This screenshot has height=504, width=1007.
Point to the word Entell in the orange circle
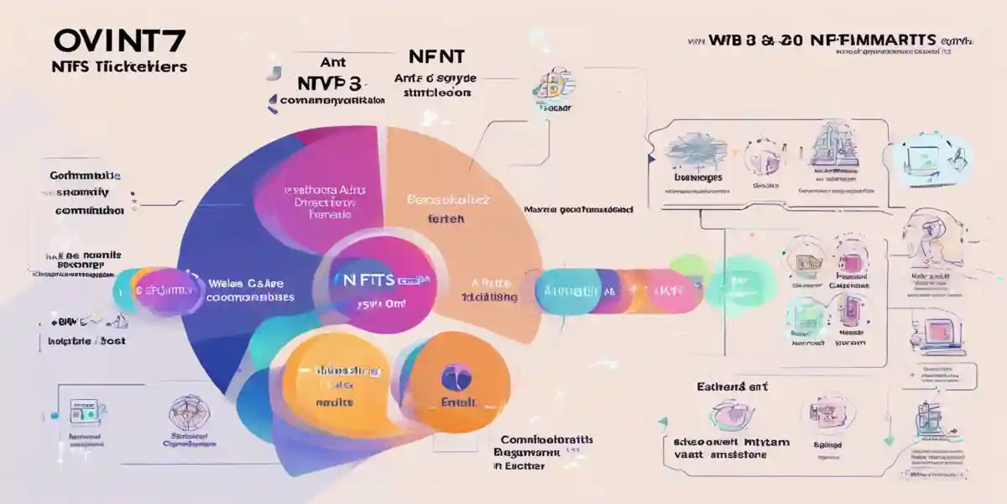[458, 402]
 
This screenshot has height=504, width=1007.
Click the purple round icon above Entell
[456, 376]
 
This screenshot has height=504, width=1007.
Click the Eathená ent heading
[731, 387]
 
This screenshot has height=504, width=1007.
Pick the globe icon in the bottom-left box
[185, 412]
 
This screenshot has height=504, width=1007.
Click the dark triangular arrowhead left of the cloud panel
[650, 157]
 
